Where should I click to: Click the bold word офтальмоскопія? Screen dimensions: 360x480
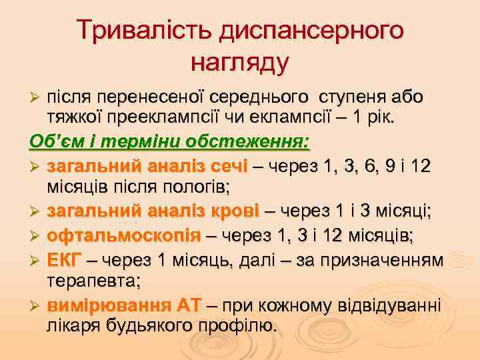(123, 235)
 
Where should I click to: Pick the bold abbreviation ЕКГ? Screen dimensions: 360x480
(63, 258)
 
